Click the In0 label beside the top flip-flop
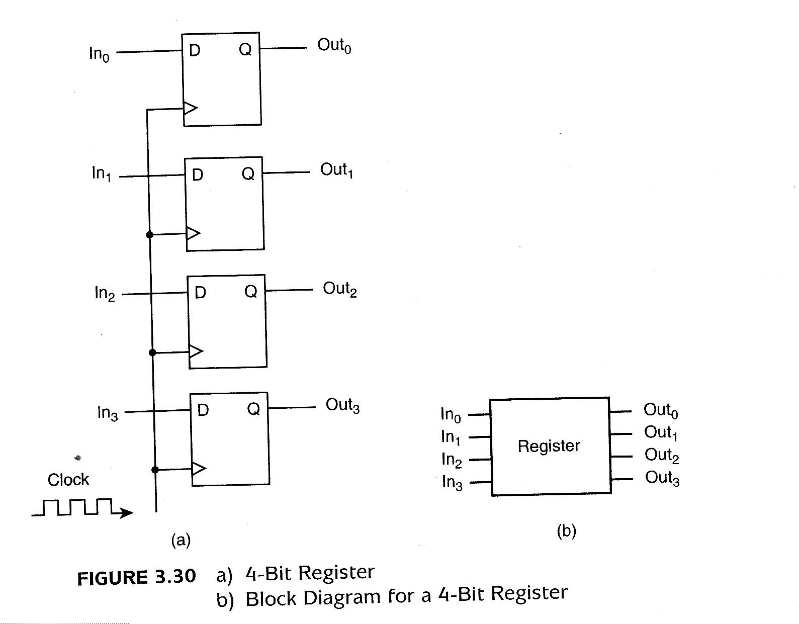pos(99,54)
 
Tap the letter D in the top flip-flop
pos(195,50)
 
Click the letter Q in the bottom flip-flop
pos(253,409)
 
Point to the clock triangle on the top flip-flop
pos(191,108)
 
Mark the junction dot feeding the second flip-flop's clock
pos(149,234)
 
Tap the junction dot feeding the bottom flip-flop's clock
pos(155,470)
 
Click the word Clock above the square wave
pos(68,480)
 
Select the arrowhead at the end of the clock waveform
pos(127,513)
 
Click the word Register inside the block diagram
pos(549,446)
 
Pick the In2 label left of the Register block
pos(451,460)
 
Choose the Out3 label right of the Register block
pos(662,478)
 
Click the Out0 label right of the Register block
pos(661,410)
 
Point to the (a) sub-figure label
pos(181,541)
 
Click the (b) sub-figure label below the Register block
pos(566,531)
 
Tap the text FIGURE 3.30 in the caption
pos(136,577)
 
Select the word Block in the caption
pos(271,598)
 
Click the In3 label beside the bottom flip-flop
pos(107,413)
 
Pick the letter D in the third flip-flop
pos(200,293)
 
